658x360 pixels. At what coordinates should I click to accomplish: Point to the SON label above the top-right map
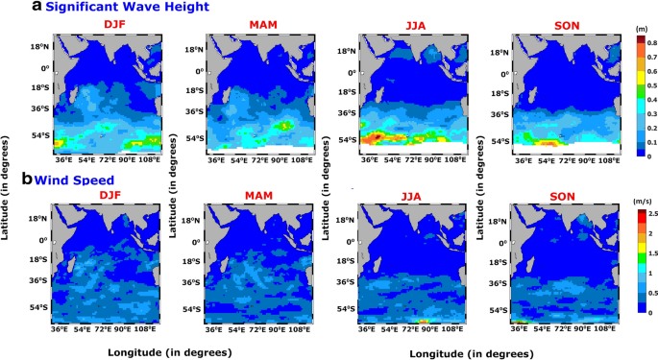pyautogui.click(x=558, y=24)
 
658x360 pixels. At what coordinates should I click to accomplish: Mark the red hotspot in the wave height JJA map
pyautogui.click(x=376, y=137)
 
